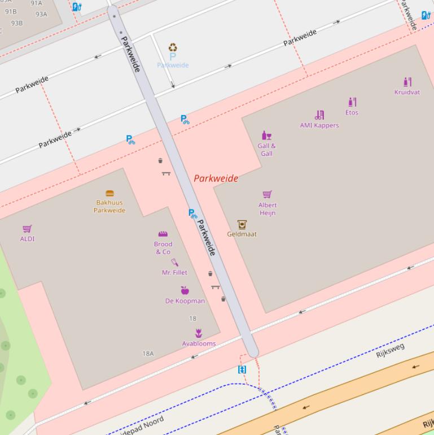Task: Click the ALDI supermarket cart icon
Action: [27, 229]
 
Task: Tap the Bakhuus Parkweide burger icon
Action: [109, 193]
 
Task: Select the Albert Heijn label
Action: [268, 209]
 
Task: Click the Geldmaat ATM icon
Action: [242, 224]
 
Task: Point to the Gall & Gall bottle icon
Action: [266, 136]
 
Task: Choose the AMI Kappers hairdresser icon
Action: [319, 115]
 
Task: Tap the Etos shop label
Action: [352, 112]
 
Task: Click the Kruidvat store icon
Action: [407, 82]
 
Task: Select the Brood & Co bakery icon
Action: [163, 234]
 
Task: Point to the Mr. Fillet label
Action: [174, 272]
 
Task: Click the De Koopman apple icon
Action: [185, 290]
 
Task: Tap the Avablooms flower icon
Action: [199, 333]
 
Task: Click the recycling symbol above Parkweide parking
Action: [173, 48]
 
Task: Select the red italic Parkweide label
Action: [216, 179]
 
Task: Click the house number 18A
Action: [148, 354]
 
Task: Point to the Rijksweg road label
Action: [391, 350]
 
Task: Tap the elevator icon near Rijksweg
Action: [242, 369]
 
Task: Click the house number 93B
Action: [17, 23]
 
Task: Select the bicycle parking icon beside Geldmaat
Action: [193, 214]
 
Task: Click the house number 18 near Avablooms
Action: [192, 319]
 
